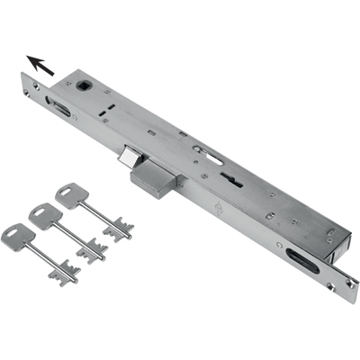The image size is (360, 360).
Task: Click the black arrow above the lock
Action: (x=40, y=66)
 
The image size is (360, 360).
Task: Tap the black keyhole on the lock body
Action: (x=236, y=181)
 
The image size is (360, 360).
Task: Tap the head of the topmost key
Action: (x=69, y=195)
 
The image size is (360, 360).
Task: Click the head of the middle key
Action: (x=43, y=215)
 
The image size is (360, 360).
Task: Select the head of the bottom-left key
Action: (x=17, y=236)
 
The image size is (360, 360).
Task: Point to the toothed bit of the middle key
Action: (x=92, y=250)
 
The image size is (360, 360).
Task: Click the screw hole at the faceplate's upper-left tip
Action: (x=33, y=87)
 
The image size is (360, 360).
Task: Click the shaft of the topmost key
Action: (x=94, y=213)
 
